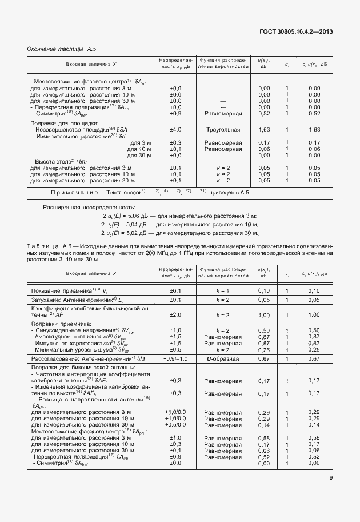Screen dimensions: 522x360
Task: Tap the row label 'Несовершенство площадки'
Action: pos(75,130)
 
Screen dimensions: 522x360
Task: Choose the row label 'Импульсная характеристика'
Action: pos(71,343)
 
